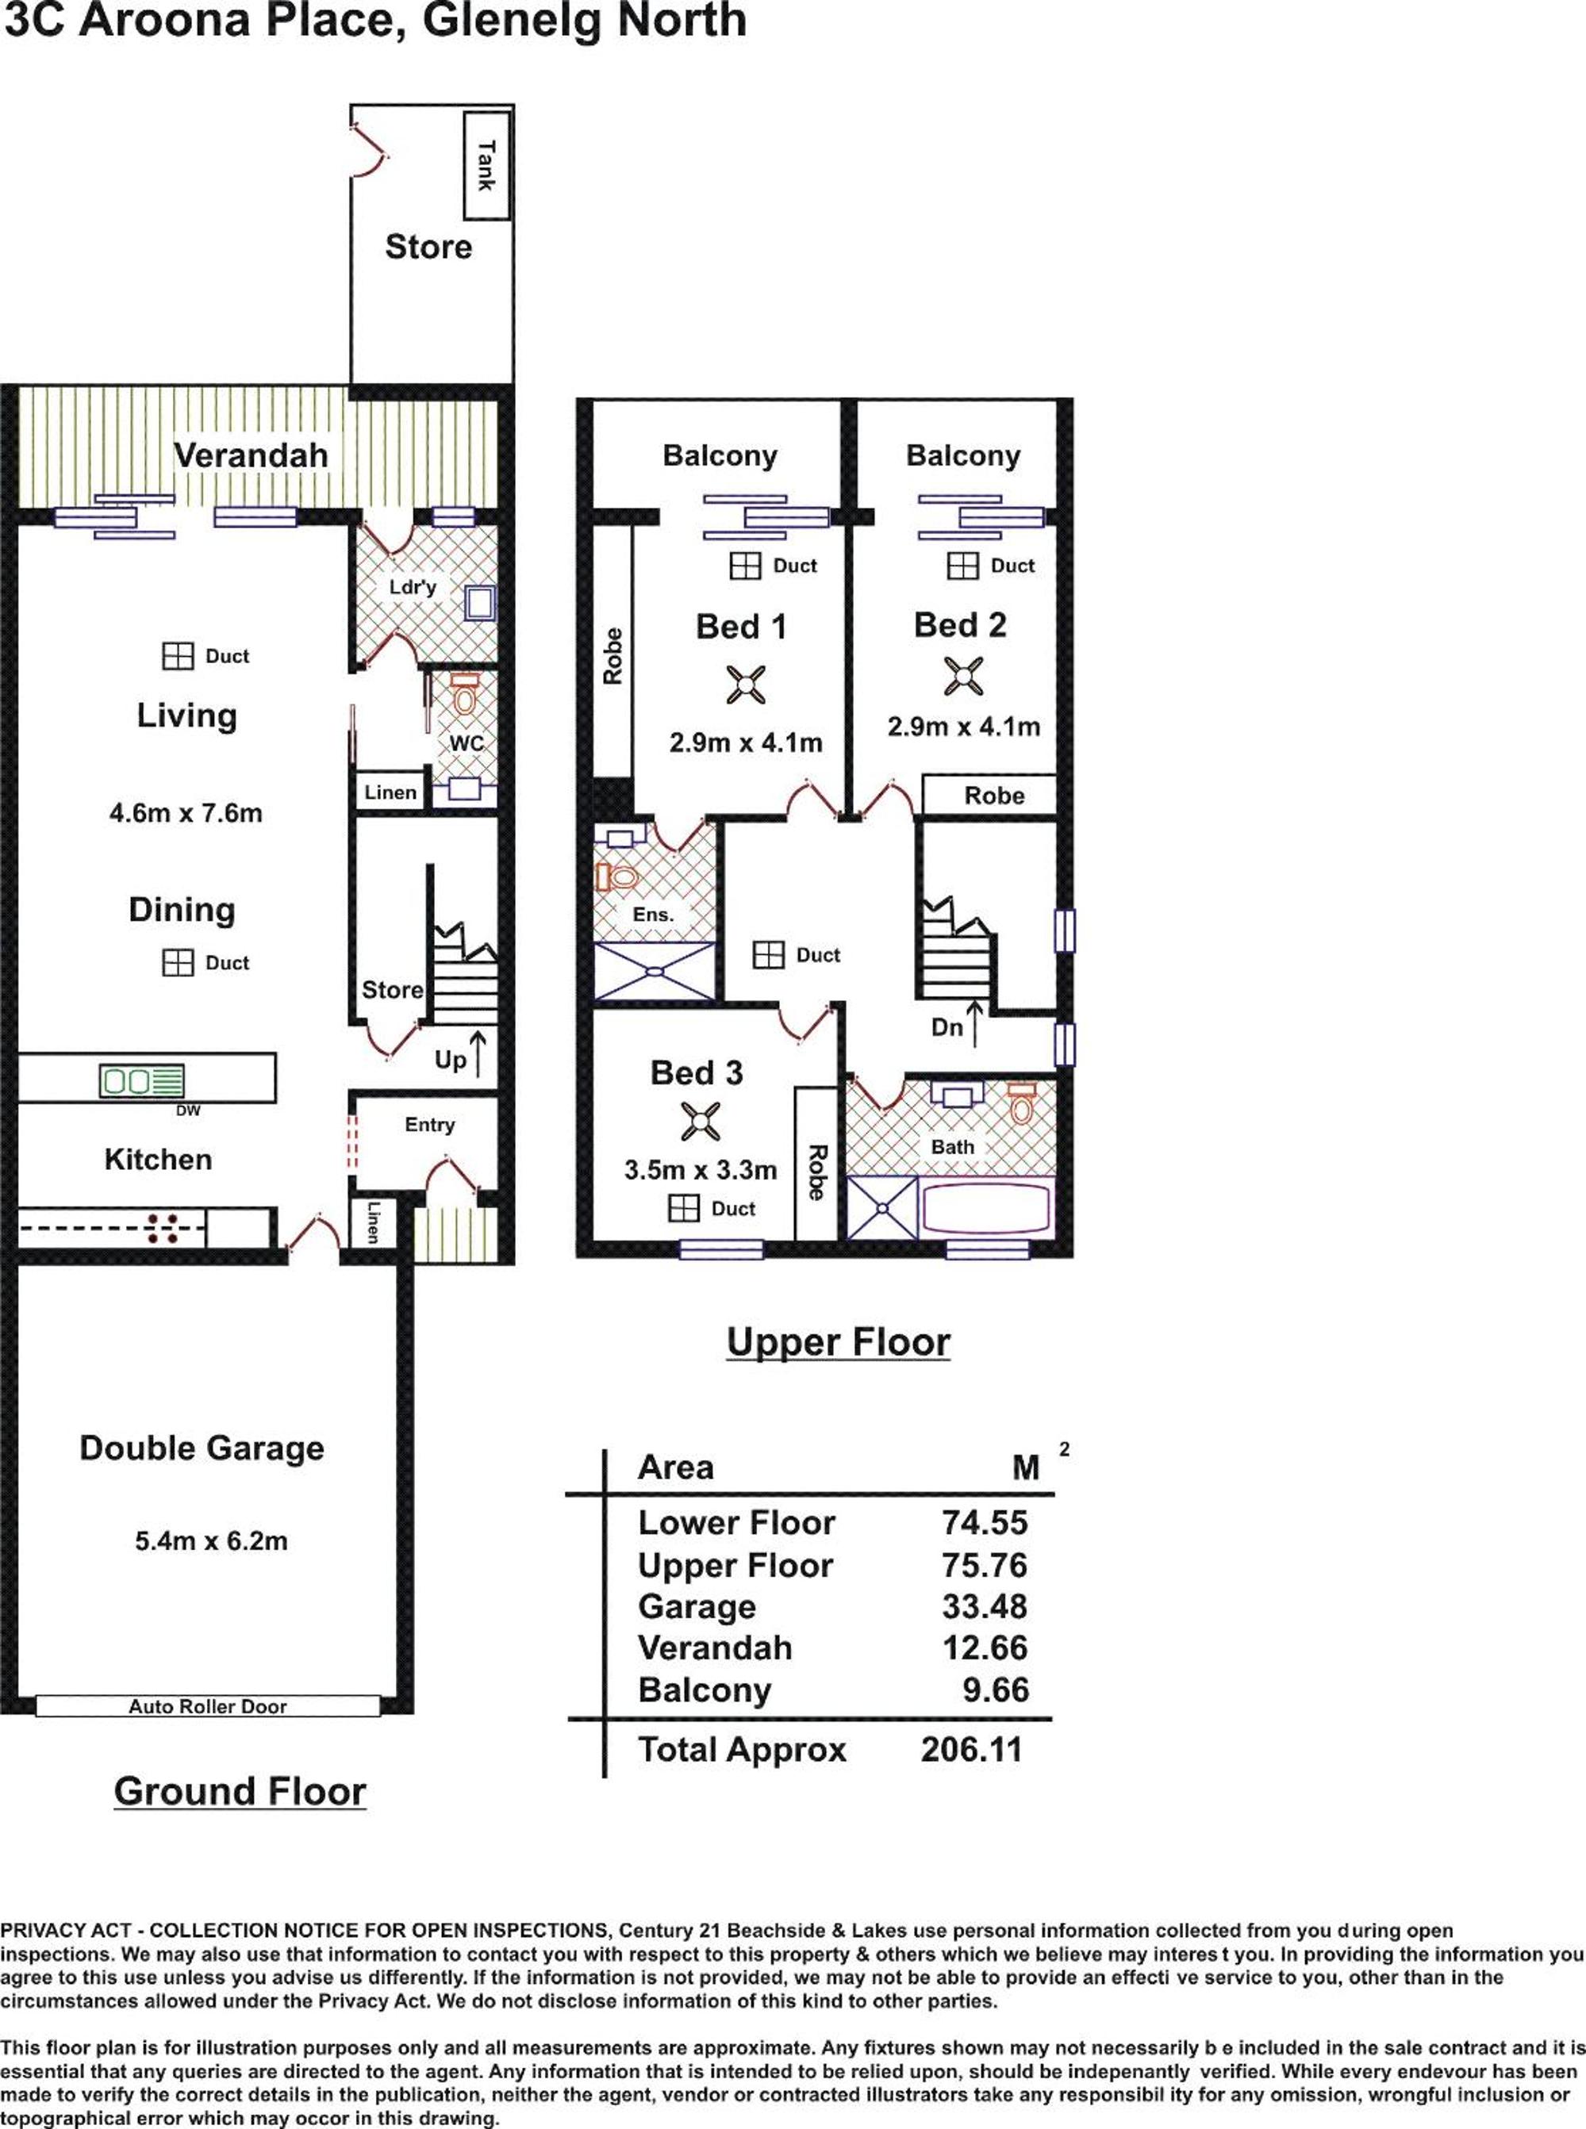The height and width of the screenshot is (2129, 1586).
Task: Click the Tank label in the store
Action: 486,165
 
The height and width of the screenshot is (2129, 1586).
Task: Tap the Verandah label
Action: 251,455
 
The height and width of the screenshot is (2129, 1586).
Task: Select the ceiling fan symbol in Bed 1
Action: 746,685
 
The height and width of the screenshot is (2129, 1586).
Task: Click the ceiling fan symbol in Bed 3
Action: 701,1121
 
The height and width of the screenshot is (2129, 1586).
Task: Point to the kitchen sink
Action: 141,1081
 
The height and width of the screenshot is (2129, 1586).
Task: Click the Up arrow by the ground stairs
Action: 477,1053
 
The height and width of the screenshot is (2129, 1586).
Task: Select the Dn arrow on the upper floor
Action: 973,1023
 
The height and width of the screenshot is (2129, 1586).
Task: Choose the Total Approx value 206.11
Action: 972,1750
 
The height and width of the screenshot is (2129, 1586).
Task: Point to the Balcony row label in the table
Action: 705,1690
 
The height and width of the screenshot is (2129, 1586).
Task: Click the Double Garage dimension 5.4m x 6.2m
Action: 211,1541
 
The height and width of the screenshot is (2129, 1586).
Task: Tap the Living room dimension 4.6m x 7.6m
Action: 186,813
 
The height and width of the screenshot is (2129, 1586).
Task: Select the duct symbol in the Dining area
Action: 178,962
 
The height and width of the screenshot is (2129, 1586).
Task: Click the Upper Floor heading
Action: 838,1342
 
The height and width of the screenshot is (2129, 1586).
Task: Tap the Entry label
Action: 429,1125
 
